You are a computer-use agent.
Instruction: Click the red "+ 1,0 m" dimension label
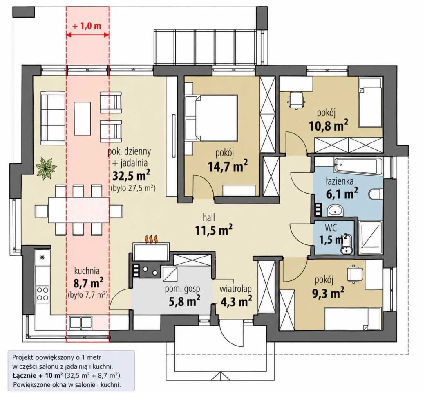(87, 26)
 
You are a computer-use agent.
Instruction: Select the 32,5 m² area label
(131, 176)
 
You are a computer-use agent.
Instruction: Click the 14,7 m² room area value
(227, 166)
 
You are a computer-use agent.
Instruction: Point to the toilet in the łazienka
(376, 195)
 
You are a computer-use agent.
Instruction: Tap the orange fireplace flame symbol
(152, 239)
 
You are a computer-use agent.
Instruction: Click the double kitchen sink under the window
(81, 323)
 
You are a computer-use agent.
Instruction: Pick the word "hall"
(209, 217)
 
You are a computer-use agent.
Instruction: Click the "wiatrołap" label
(235, 289)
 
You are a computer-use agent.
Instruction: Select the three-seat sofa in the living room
(53, 118)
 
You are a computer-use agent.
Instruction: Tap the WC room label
(331, 228)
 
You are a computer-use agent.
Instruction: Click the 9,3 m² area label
(328, 293)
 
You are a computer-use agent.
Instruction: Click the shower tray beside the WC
(370, 238)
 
